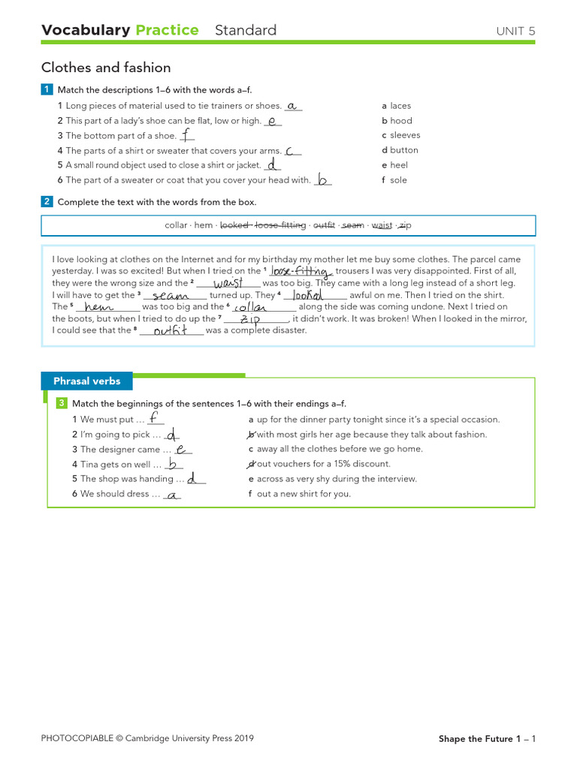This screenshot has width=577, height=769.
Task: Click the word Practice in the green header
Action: pyautogui.click(x=167, y=30)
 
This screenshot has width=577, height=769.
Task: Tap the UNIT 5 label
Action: pyautogui.click(x=515, y=31)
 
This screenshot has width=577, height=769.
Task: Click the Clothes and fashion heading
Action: pyautogui.click(x=106, y=68)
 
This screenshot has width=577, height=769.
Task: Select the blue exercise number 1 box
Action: pyautogui.click(x=47, y=90)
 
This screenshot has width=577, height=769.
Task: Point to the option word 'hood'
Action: pyautogui.click(x=401, y=120)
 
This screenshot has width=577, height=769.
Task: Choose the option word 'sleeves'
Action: pyautogui.click(x=405, y=135)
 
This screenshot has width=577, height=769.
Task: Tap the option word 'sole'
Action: pyautogui.click(x=398, y=180)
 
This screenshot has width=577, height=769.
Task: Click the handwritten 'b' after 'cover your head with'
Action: pyautogui.click(x=323, y=179)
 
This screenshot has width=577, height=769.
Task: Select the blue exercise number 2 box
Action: pyautogui.click(x=47, y=202)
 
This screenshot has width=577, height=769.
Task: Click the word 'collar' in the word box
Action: pyautogui.click(x=177, y=225)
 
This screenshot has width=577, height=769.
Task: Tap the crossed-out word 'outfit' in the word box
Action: pyautogui.click(x=324, y=225)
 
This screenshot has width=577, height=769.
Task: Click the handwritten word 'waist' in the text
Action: pyautogui.click(x=228, y=283)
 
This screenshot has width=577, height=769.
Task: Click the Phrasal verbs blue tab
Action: pyautogui.click(x=86, y=381)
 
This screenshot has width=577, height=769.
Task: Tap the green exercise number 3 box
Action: pyautogui.click(x=62, y=404)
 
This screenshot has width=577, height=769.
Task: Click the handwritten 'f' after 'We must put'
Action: pyautogui.click(x=153, y=419)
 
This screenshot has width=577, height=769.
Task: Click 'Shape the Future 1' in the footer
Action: pyautogui.click(x=479, y=739)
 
